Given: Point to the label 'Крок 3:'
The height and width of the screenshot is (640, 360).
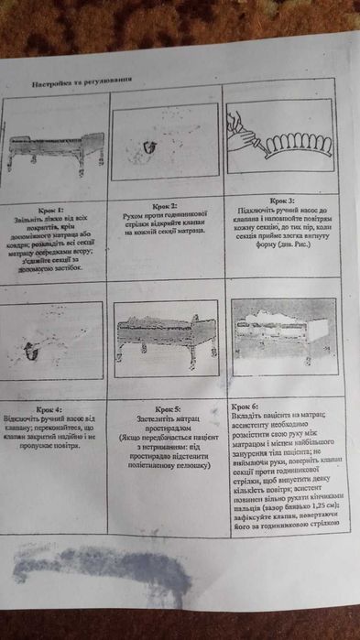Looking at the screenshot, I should click(x=281, y=199).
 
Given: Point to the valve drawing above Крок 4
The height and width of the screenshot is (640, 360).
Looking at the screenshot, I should click(x=33, y=349).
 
